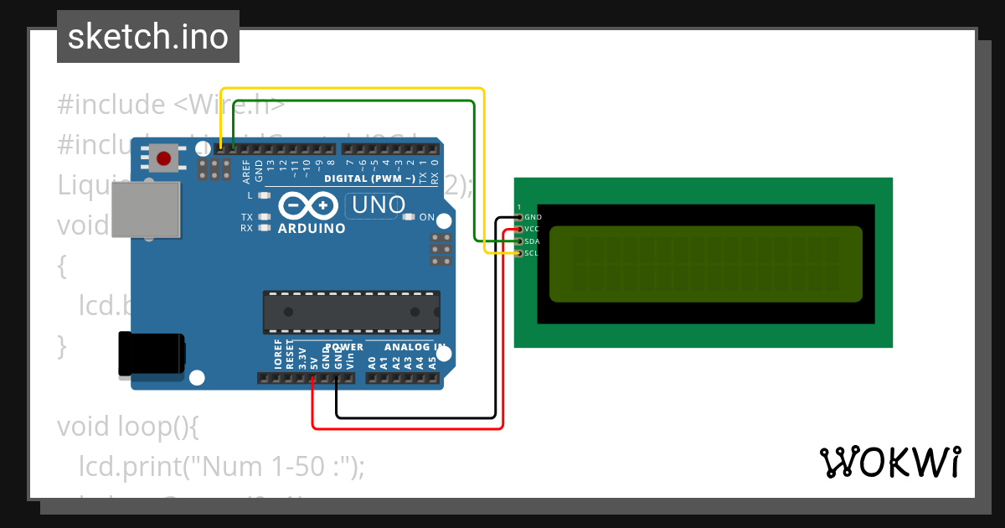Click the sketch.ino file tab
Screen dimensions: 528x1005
pos(148,37)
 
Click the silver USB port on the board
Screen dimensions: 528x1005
pos(146,210)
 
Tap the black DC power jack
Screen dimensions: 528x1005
pos(151,354)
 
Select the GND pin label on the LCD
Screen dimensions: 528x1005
pos(533,217)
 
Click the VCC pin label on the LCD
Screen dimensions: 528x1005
pos(533,229)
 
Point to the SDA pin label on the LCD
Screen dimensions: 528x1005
pos(533,241)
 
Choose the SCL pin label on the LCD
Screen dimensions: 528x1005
pos(533,253)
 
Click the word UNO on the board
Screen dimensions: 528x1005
pos(379,204)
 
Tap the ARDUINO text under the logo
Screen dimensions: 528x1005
pos(312,229)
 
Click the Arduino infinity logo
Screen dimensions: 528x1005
pos(309,205)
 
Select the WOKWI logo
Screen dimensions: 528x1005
pos(889,462)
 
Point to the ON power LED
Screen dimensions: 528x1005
pos(410,217)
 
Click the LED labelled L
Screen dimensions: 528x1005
pos(265,195)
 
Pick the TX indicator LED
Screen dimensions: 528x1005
pos(265,217)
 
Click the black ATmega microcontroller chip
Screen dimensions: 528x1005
pos(351,311)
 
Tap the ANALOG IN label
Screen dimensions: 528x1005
pos(415,347)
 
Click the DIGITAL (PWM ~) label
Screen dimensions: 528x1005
pos(369,179)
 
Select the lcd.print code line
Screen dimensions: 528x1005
pos(222,466)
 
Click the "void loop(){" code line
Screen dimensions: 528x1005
pos(128,427)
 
